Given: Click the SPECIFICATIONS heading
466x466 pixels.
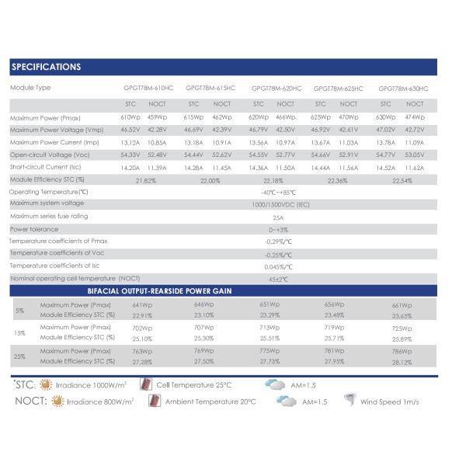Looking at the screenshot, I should (46, 67).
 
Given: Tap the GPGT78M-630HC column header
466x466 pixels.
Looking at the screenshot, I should (403, 89).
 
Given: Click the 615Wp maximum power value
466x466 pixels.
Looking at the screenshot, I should (193, 116).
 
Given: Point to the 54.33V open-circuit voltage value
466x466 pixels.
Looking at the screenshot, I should (130, 155).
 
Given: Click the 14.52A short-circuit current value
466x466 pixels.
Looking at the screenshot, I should (385, 168).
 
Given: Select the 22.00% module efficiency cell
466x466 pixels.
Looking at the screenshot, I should (210, 180).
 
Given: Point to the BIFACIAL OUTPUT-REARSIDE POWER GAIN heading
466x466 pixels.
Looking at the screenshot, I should (160, 290).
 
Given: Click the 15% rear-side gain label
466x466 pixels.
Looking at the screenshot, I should (19, 333).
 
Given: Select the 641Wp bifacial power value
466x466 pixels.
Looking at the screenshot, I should (141, 305).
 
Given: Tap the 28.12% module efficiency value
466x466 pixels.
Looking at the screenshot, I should (402, 363).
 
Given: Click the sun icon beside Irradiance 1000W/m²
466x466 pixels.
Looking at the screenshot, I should (45, 384).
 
